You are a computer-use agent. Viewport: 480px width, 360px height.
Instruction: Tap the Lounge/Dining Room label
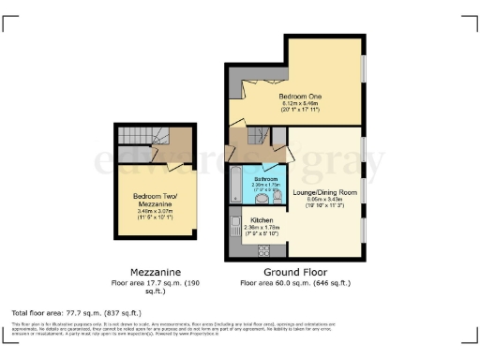[x=324, y=191]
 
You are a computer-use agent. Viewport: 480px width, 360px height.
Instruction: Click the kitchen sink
[x=234, y=228]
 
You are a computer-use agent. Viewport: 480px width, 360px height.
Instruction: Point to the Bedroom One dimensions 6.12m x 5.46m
[x=301, y=103]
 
